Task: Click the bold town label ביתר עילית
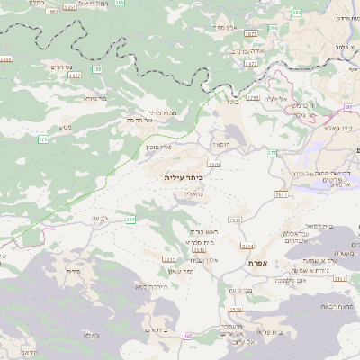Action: pyautogui.click(x=184, y=178)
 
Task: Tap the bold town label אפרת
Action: pyautogui.click(x=260, y=262)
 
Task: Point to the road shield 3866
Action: pyautogui.click(x=6, y=59)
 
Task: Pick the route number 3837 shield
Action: pyautogui.click(x=74, y=76)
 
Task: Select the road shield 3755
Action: pyautogui.click(x=253, y=97)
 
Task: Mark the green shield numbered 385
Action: pyautogui.click(x=97, y=68)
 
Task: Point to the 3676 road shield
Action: pyautogui.click(x=214, y=165)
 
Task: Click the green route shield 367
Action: pyautogui.click(x=130, y=218)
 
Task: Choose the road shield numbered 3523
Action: pyautogui.click(x=235, y=220)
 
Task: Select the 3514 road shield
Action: pyautogui.click(x=247, y=245)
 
